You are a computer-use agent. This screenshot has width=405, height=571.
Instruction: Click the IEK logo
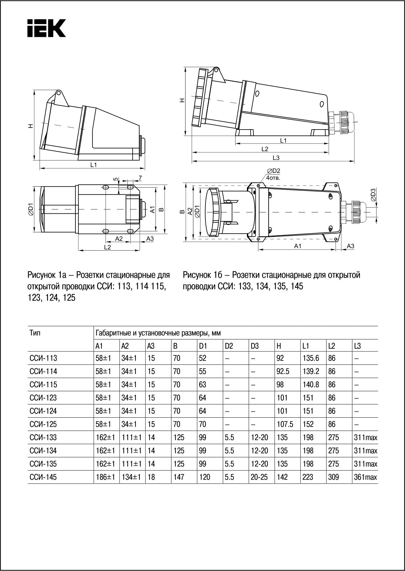coord(46,28)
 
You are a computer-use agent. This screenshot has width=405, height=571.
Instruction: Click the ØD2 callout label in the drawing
coord(273,171)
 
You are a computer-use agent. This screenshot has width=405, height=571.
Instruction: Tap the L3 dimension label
coord(276,158)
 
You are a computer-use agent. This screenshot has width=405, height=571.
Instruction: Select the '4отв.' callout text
coord(273,178)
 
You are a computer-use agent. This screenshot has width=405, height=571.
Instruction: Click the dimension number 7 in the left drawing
coord(140,177)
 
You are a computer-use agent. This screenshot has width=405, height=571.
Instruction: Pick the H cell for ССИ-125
coord(285,424)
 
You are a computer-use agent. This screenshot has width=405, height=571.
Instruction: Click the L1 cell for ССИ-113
coord(311,358)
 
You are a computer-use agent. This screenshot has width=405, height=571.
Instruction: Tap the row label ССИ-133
coord(43,437)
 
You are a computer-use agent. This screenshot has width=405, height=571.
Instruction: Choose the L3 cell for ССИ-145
coord(365,477)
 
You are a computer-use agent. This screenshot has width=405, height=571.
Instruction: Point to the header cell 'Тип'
coord(35,333)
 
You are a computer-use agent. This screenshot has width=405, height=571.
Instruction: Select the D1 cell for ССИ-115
coord(202,384)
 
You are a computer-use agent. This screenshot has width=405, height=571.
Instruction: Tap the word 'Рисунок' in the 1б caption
coord(197,275)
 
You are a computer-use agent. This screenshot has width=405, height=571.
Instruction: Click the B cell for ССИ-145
coord(179,477)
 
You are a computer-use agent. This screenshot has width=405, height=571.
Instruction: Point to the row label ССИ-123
coord(43,398)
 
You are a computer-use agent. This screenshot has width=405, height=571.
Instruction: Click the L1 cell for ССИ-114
coord(311,371)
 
